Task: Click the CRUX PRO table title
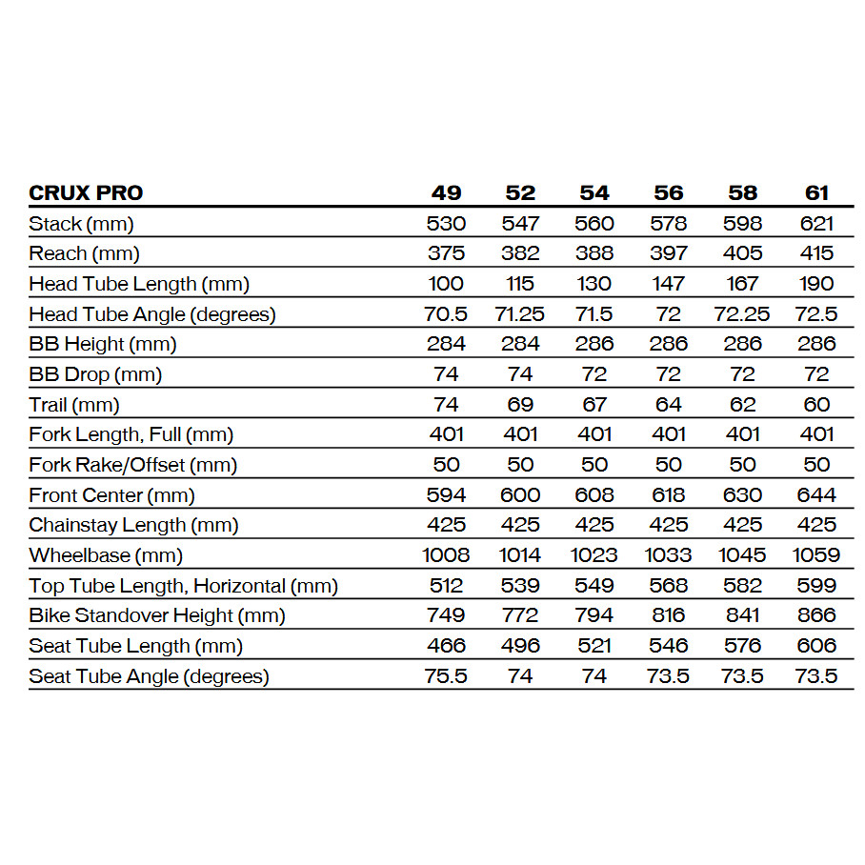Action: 86,192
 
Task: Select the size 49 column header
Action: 446,192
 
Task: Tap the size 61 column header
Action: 816,192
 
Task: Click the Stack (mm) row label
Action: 81,224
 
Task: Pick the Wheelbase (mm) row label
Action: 106,555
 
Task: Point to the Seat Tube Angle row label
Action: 149,676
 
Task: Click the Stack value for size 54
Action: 594,224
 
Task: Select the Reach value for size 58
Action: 742,253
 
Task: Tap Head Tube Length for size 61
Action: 816,284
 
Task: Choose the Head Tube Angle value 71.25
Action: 520,314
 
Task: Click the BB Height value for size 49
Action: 446,344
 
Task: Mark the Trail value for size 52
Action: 520,405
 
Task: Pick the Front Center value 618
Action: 669,495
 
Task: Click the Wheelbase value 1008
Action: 446,555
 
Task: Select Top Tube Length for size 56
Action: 669,586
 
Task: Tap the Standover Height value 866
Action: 816,615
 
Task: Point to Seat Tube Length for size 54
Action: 594,646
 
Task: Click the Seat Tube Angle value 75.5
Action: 446,676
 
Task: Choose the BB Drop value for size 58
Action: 742,374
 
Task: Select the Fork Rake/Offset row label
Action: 132,465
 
